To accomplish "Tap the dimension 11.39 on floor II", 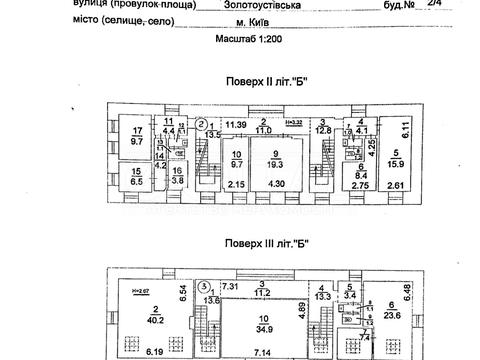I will click(x=236, y=123).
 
